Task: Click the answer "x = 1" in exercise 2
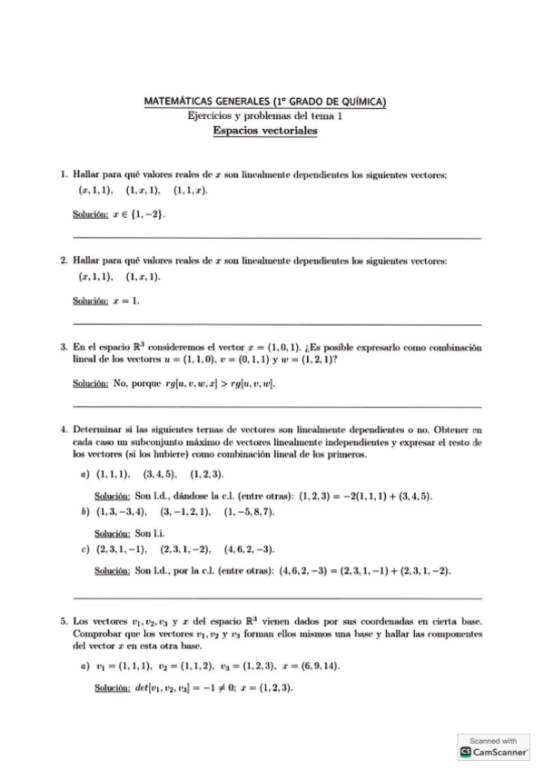[x=125, y=298]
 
